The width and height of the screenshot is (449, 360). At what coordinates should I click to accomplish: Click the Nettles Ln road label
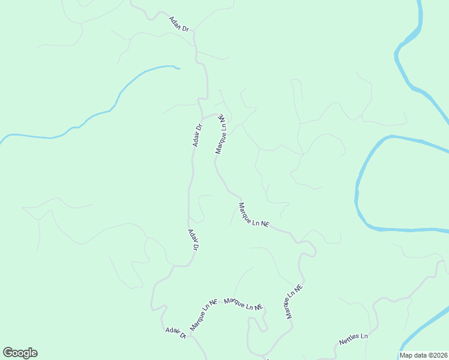[353, 340]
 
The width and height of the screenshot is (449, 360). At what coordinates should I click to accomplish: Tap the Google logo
[20, 353]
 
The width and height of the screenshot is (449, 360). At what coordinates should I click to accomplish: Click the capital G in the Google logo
[8, 353]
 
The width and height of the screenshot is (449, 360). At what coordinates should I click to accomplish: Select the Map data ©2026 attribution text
[424, 355]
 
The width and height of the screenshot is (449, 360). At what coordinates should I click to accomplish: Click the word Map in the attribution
[406, 355]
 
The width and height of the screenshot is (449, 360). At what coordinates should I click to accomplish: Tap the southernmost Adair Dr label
[176, 333]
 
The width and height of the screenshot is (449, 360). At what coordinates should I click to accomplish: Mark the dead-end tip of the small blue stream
[179, 68]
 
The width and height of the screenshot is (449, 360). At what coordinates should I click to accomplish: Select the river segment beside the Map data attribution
[423, 339]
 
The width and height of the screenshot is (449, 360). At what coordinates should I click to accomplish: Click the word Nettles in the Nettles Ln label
[349, 341]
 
